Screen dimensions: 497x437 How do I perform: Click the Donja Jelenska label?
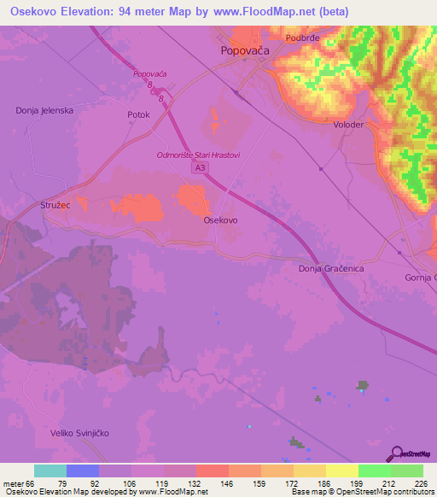pos(44,110)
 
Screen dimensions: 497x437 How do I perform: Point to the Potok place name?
pos(138,114)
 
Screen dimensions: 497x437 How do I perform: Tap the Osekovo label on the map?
pos(220,219)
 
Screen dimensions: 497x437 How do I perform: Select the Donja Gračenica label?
pos(332,269)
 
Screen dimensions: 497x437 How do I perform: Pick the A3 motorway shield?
pos(200,169)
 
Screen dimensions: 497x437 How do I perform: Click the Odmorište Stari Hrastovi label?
pos(199,155)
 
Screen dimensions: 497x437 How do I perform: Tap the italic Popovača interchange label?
pos(150,74)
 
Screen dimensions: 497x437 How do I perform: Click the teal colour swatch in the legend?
pos(50,471)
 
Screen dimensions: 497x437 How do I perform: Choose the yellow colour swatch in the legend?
pos(342,471)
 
